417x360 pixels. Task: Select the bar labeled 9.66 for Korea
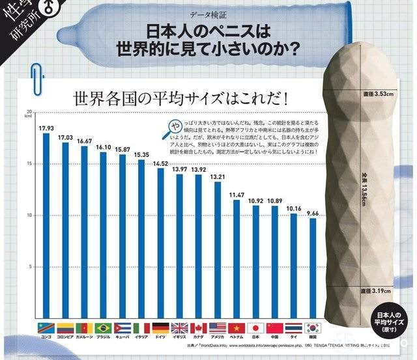click(313, 267)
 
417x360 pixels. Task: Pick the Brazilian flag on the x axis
click(103, 327)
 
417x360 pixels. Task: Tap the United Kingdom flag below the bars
click(179, 327)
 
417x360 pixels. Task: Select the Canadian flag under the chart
click(198, 327)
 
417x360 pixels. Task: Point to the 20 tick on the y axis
click(28, 112)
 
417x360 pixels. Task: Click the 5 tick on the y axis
click(30, 267)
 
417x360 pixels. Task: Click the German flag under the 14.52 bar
click(160, 327)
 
